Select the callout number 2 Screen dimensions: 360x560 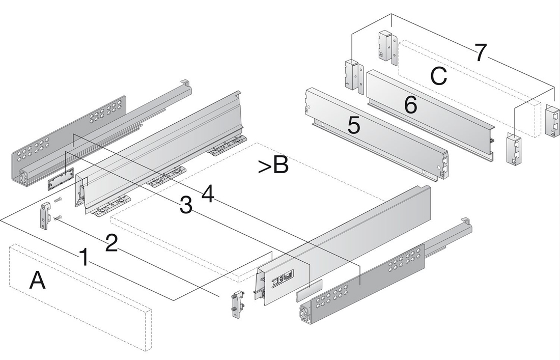111,242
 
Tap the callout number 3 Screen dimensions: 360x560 186,206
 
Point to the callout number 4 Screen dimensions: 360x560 208,193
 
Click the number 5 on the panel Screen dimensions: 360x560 354,125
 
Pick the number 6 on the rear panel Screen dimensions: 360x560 410,104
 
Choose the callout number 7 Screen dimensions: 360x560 481,52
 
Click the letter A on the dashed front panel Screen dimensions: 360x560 37,281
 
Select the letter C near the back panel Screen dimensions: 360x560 438,76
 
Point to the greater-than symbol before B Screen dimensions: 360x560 263,167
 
